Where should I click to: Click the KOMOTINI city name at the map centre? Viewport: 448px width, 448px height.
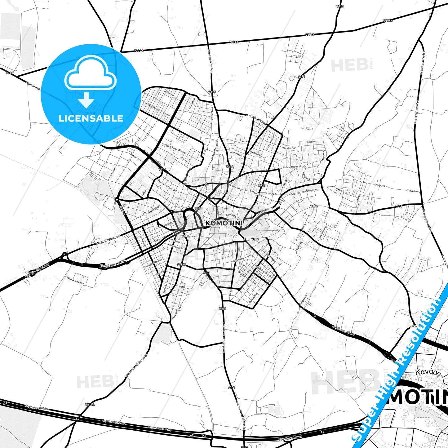point(224,223)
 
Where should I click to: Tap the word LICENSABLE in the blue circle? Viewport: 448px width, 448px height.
point(91,118)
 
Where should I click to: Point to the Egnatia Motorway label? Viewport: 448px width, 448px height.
point(290,437)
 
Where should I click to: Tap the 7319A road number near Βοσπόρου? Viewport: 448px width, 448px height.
point(181,264)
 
